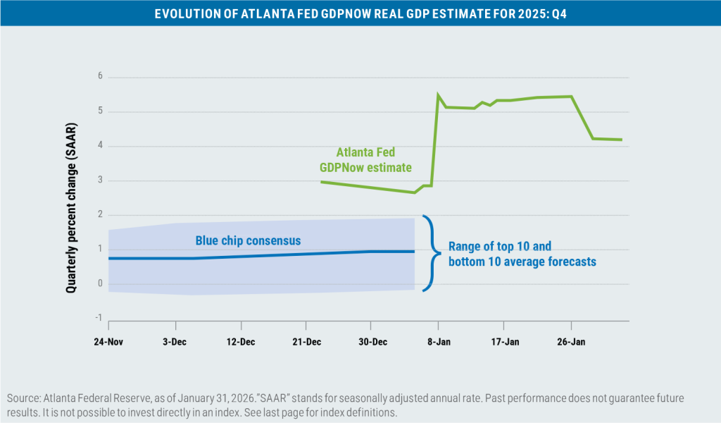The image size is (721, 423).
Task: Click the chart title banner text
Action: coord(360,12)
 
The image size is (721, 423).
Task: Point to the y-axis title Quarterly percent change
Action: coord(72,200)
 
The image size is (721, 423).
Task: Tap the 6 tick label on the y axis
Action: coord(99,77)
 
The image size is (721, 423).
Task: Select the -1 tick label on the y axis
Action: coord(98,319)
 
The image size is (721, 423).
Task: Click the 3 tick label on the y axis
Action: coord(99,180)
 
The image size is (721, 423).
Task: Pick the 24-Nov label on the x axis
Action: coord(108,342)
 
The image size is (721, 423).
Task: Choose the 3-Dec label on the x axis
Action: coord(175,342)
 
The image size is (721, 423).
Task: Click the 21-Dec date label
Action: coord(306,342)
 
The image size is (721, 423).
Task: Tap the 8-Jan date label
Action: coord(438,342)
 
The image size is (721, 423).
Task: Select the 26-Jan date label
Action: coord(570,342)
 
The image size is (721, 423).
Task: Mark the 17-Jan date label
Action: coord(504,342)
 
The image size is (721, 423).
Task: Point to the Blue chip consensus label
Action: coord(248,241)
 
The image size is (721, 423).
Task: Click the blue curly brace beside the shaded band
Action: coord(427,252)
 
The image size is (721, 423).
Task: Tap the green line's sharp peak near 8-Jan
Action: coord(438,94)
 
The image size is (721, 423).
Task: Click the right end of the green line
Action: coord(621,140)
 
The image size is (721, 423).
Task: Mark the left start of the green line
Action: coord(321,182)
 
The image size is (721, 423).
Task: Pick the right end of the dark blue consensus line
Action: coord(414,251)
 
